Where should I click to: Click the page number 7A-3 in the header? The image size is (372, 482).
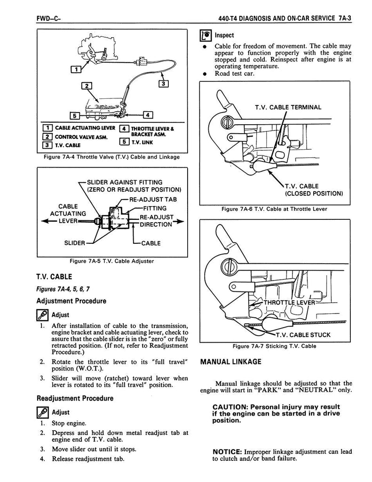pyautogui.click(x=351, y=18)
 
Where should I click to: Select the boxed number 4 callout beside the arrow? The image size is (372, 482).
pyautogui.click(x=148, y=114)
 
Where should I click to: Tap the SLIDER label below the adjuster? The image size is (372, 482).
pyautogui.click(x=75, y=243)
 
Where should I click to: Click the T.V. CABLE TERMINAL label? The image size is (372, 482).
pyautogui.click(x=288, y=107)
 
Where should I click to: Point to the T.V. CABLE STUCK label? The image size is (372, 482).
pyautogui.click(x=303, y=335)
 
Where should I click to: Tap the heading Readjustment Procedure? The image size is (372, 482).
pyautogui.click(x=75, y=398)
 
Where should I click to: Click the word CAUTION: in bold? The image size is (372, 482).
pyautogui.click(x=230, y=407)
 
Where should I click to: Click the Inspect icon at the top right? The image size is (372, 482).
pyautogui.click(x=206, y=35)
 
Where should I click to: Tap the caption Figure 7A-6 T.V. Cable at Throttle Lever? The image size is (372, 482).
pyautogui.click(x=273, y=209)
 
